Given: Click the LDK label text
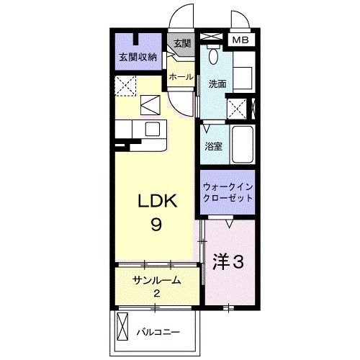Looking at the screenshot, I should tap(154, 204).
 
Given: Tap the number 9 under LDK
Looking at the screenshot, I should tap(155, 225).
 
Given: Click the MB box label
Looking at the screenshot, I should tap(240, 40).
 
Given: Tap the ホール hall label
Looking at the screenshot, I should tap(180, 75).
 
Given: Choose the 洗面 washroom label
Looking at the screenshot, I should tap(217, 84).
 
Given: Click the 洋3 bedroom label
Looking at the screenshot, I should tap(228, 263).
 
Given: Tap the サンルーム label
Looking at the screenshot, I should tap(156, 280).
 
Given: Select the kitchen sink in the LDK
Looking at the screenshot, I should tap(152, 130).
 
